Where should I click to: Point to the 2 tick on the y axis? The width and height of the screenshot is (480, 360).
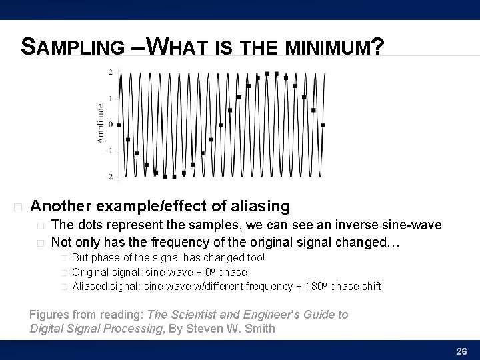pos(111,72)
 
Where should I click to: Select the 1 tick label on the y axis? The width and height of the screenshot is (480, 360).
pos(111,98)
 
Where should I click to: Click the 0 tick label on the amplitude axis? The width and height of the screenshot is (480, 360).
pos(111,124)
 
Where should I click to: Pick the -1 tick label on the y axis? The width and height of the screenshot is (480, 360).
pos(109,150)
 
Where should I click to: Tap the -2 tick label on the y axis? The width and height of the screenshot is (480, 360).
pos(109,177)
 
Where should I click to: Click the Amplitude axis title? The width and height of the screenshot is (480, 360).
pos(101,123)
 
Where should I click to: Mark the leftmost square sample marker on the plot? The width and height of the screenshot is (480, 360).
pos(119,124)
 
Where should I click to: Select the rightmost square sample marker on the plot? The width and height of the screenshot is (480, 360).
pos(323,124)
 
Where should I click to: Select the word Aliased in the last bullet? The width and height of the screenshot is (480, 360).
pos(91,286)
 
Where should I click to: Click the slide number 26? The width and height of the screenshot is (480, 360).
pos(461,351)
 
